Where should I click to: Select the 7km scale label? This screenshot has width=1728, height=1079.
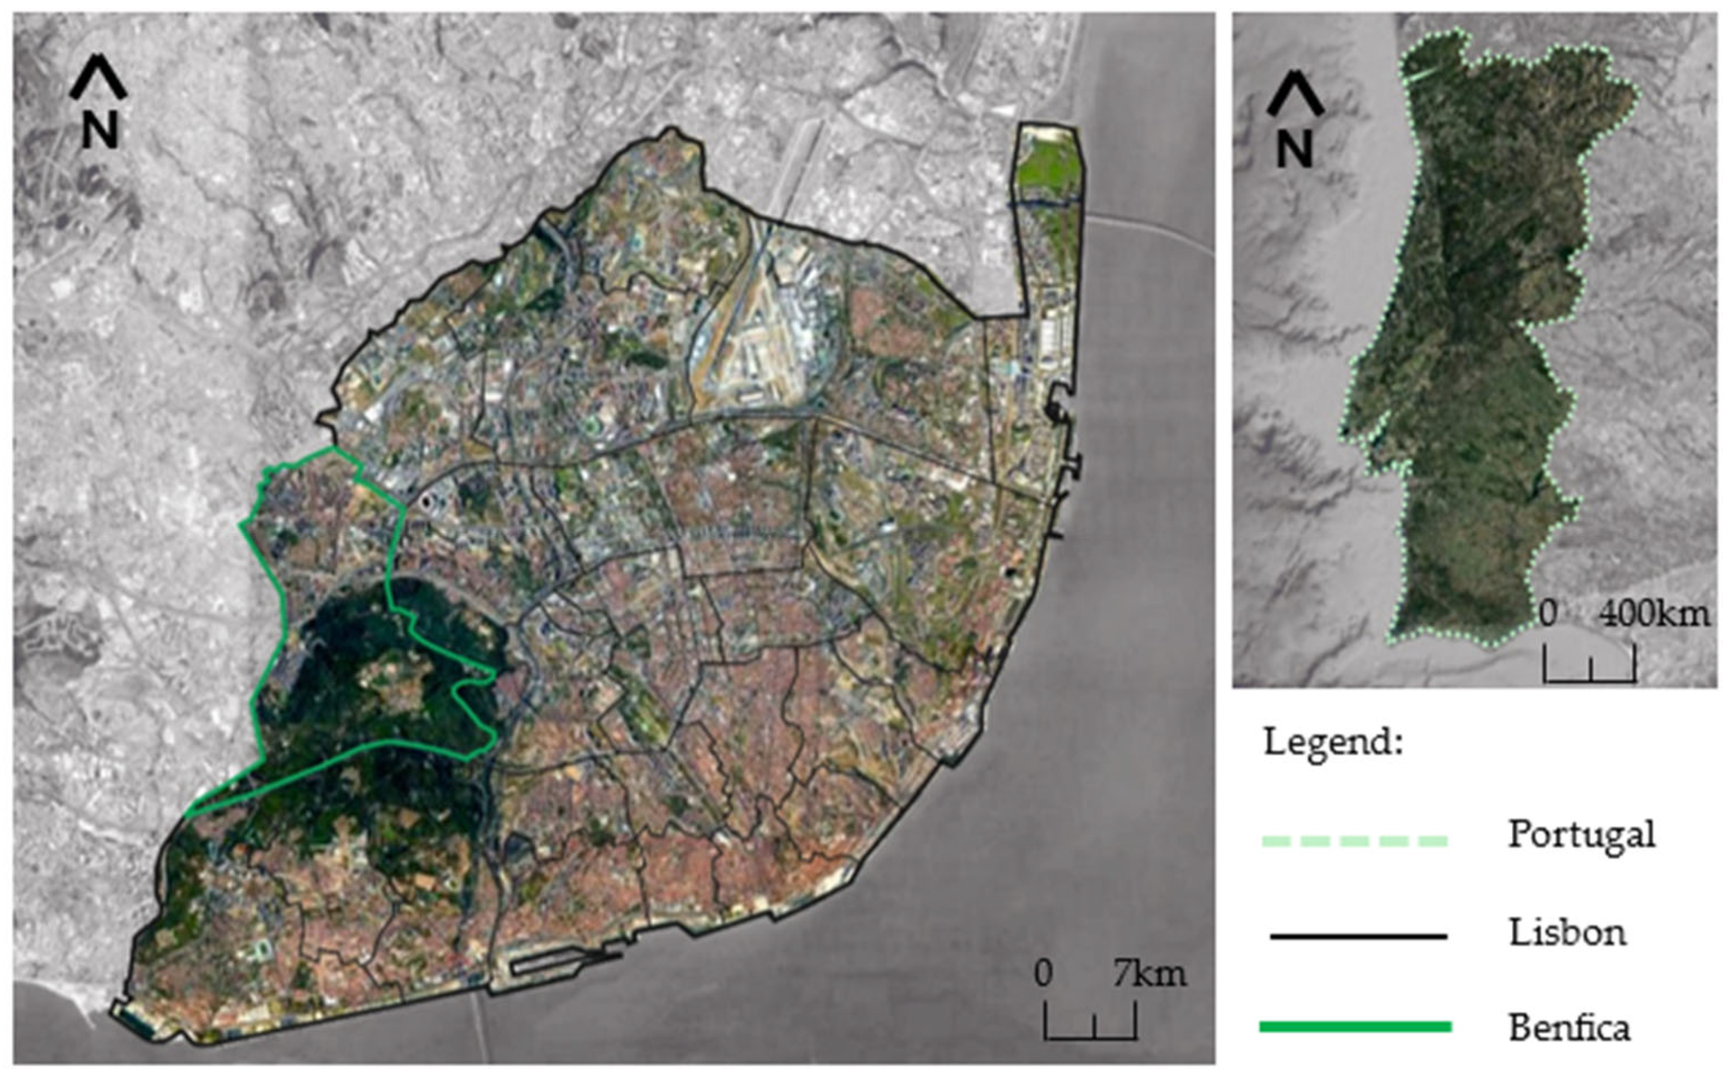(1150, 974)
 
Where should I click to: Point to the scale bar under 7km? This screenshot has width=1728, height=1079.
(1091, 1025)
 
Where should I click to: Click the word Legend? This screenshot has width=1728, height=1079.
(1333, 742)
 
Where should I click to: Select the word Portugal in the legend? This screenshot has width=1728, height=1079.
(1581, 834)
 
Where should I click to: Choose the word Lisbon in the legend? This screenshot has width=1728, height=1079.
(1567, 932)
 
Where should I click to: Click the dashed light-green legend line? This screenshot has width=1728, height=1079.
(1355, 840)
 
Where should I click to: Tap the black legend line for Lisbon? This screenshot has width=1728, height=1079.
(1358, 935)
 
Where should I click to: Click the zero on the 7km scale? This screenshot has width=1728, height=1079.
(1043, 974)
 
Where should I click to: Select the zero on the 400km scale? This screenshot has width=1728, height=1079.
(1547, 614)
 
